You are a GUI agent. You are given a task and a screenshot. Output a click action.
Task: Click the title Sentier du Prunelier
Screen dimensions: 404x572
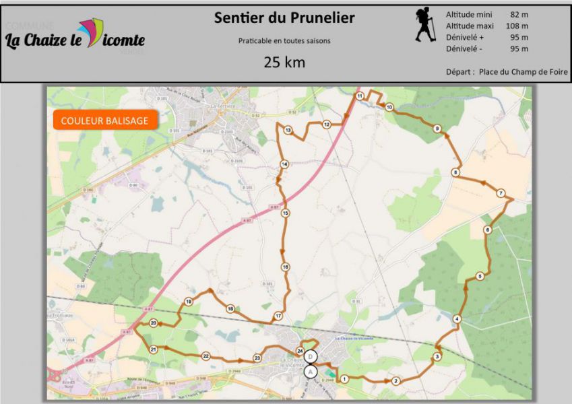(284, 18)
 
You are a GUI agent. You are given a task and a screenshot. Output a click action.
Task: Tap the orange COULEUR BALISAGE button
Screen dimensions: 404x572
(104, 121)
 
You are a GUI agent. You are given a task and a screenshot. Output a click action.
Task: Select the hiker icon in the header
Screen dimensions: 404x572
(425, 26)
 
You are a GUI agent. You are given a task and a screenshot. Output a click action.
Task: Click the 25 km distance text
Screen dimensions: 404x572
(284, 63)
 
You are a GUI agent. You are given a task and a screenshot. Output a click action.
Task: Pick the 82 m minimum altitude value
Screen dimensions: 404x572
(519, 14)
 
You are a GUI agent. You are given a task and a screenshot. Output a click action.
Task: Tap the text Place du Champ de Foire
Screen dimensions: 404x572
(523, 71)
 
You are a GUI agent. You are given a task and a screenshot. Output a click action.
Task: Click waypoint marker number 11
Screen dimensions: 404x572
(360, 96)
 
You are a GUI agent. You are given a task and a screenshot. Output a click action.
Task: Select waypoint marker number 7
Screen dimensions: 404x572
(501, 193)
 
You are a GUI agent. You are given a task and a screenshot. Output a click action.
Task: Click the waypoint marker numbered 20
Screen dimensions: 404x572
(154, 324)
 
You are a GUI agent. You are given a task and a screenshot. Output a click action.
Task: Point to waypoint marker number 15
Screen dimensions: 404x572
(286, 213)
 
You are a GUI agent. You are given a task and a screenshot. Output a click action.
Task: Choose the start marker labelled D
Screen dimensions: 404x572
(311, 356)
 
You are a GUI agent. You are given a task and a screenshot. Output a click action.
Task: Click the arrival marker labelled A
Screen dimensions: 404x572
(311, 371)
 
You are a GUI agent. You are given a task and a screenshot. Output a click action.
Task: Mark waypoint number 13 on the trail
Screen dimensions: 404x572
(288, 131)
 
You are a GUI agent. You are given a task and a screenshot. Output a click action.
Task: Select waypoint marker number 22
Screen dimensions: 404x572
(206, 356)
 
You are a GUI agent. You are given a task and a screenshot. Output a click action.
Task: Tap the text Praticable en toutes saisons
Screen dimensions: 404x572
(284, 40)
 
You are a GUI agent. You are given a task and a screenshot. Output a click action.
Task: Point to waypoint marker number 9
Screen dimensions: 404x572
(437, 129)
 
